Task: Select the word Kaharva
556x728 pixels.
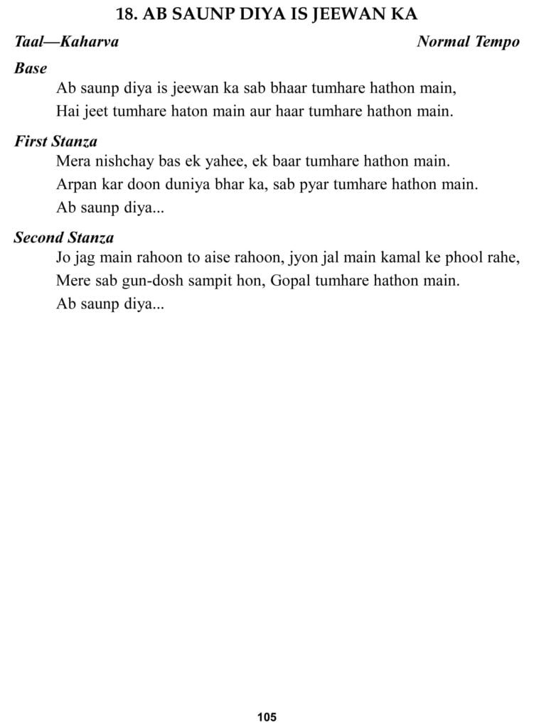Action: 90,42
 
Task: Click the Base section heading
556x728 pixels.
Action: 31,69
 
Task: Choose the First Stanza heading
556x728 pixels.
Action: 55,141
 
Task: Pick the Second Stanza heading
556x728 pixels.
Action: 64,238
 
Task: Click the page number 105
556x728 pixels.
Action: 267,717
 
